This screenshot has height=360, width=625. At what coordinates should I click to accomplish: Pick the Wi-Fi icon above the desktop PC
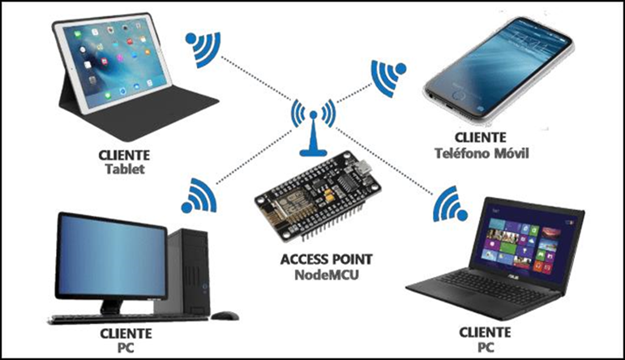click(198, 195)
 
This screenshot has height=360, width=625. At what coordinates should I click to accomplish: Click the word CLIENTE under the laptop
click(485, 332)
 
